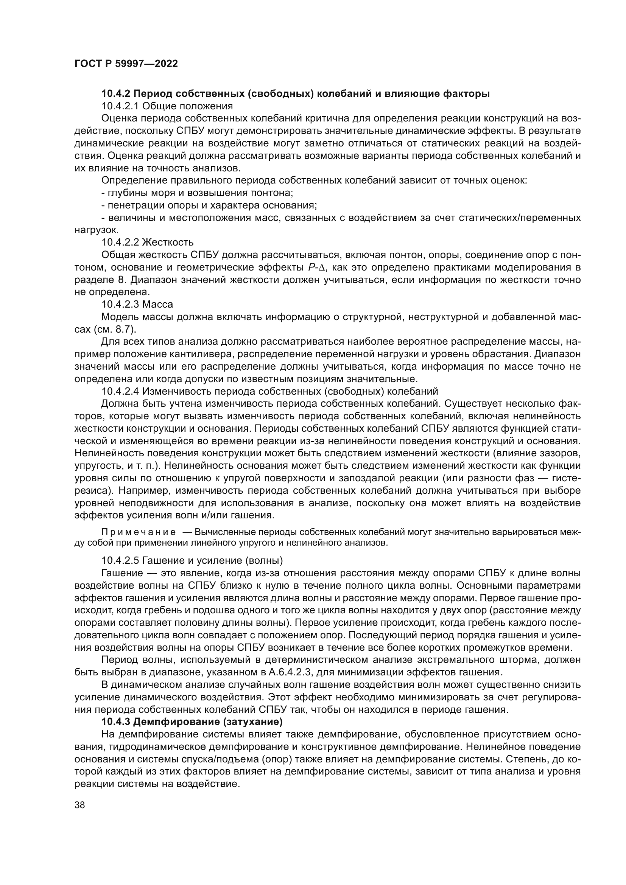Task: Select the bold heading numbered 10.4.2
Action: (x=295, y=93)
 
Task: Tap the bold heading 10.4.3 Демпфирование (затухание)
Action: (x=192, y=721)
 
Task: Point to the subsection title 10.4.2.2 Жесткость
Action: (x=147, y=242)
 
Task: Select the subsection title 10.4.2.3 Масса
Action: (x=137, y=304)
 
